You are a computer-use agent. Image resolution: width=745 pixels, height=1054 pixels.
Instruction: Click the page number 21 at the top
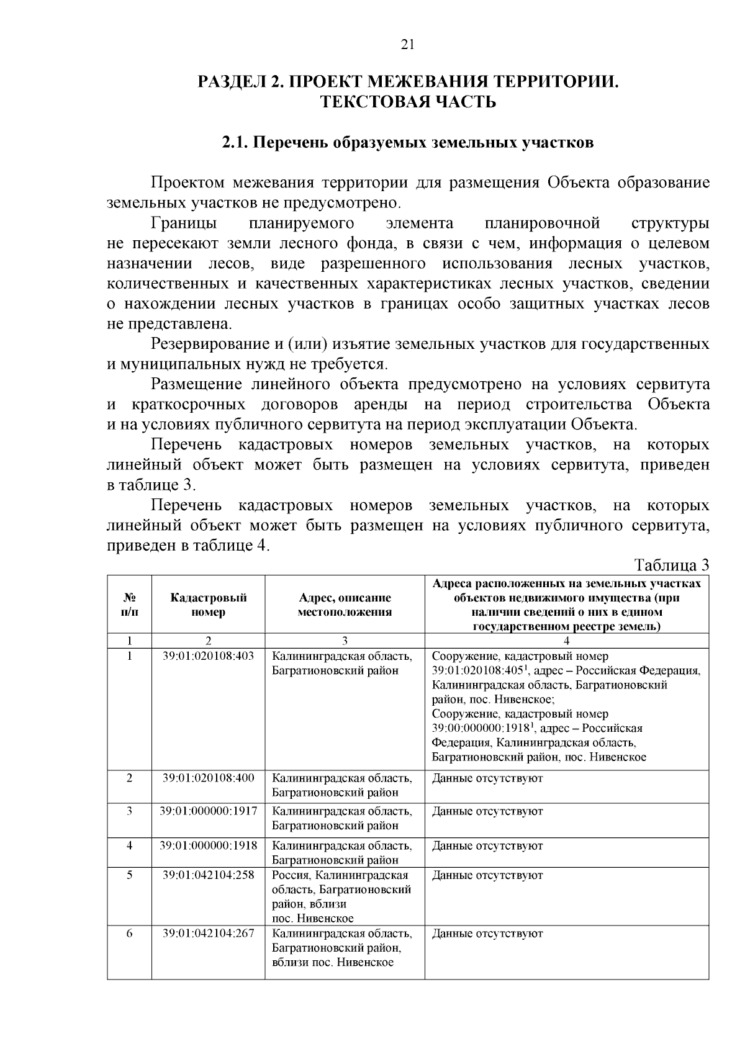(407, 44)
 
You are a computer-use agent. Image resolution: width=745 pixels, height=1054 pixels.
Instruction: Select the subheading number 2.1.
(235, 143)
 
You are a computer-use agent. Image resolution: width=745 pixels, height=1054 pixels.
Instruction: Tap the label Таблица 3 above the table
(672, 565)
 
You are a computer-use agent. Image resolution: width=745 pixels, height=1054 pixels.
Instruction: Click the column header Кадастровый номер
(208, 605)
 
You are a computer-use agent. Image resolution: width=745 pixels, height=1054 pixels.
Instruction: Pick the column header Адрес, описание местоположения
(345, 605)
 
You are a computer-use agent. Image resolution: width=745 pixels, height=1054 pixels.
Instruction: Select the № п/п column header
(129, 605)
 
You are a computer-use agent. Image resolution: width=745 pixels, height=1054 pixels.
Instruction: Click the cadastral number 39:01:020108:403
(208, 656)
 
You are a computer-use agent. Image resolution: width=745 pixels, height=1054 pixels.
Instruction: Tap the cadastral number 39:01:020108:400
(208, 778)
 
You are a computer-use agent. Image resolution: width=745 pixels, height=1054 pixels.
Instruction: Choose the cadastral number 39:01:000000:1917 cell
(208, 811)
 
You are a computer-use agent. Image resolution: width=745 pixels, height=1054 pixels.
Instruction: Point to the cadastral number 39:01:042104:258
(208, 875)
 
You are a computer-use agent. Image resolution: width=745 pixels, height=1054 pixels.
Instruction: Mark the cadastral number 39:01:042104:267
(208, 934)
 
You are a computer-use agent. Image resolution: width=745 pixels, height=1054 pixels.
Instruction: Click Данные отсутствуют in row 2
(487, 778)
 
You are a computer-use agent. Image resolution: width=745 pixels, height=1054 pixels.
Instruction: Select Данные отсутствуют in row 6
(487, 934)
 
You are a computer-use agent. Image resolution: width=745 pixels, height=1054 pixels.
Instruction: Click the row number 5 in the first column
(129, 875)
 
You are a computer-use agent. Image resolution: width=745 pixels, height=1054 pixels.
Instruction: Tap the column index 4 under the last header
(566, 641)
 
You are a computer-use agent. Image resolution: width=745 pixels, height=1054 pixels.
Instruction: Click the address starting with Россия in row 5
(341, 897)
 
